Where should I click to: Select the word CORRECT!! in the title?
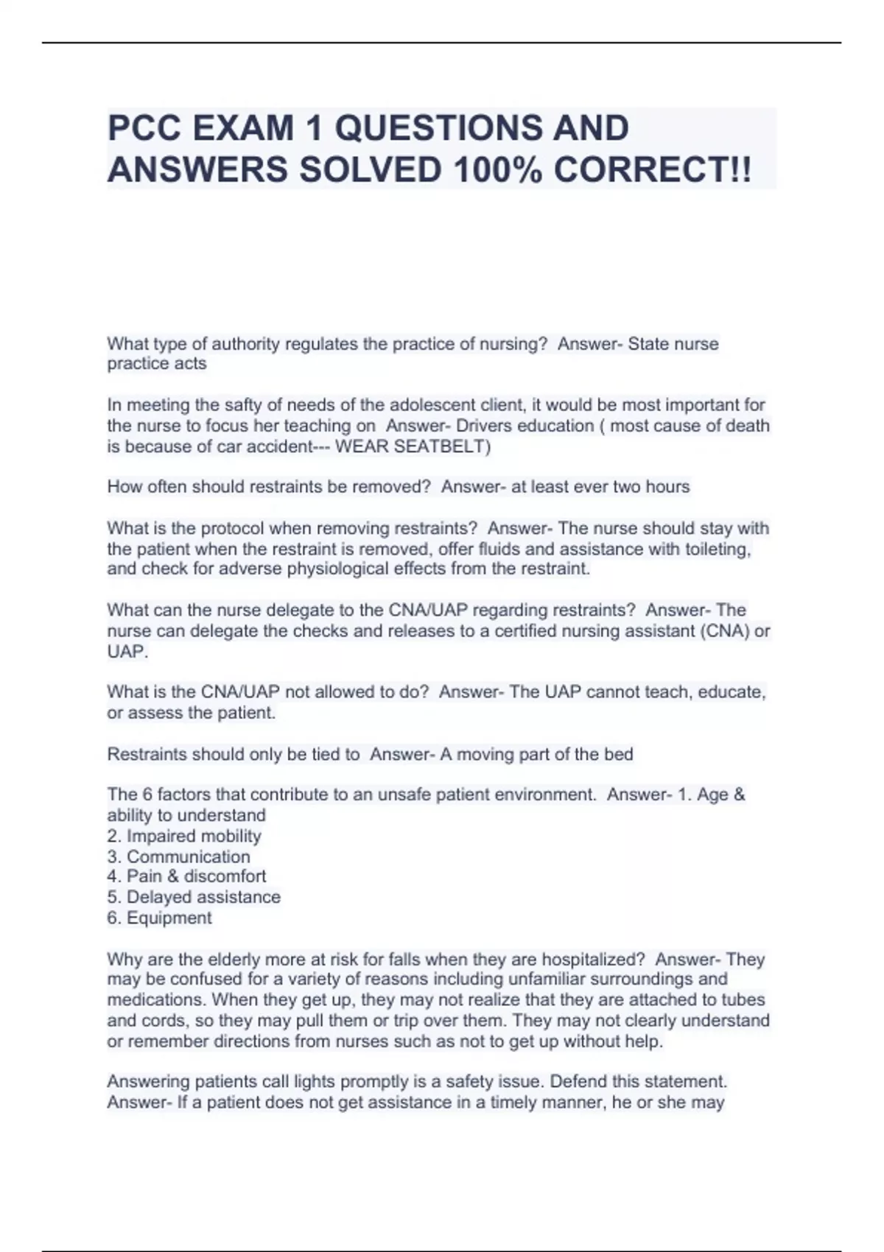(x=653, y=170)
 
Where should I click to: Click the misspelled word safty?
(x=245, y=405)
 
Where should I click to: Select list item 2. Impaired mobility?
(x=184, y=836)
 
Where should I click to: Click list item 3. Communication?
(x=178, y=857)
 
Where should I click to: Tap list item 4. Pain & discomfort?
(x=186, y=876)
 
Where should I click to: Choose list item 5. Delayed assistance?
(x=194, y=897)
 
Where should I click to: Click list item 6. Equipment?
(x=159, y=918)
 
